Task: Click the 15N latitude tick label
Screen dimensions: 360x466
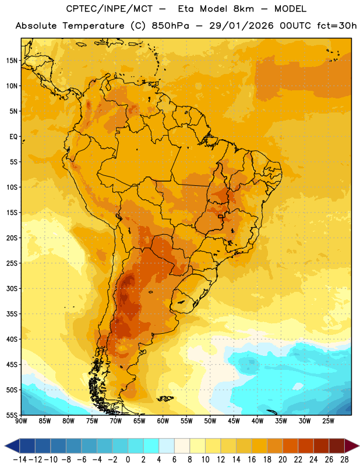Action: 12,61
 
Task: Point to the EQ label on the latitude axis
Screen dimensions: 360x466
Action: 13,137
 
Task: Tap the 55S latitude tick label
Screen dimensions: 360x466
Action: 12,415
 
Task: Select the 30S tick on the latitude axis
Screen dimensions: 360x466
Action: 12,288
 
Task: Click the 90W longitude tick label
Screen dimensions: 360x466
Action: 21,421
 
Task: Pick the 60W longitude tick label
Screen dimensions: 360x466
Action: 163,421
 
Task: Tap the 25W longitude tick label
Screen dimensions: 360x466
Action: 328,421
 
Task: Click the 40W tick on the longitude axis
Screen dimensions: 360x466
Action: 257,421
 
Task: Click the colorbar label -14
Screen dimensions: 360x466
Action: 20,460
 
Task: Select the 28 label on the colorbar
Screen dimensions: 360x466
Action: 344,460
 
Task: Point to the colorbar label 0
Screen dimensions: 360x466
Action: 128,460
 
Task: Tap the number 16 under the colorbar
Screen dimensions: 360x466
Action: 252,460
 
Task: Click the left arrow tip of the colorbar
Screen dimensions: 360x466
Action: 5,446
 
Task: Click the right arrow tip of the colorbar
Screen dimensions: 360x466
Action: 359,446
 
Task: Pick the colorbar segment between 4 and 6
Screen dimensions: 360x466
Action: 167,446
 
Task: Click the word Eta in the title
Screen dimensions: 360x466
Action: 186,9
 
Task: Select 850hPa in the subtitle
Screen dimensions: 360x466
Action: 170,26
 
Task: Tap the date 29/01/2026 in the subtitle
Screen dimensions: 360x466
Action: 241,26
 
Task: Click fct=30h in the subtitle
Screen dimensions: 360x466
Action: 337,26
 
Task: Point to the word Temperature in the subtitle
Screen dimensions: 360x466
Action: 93,26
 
